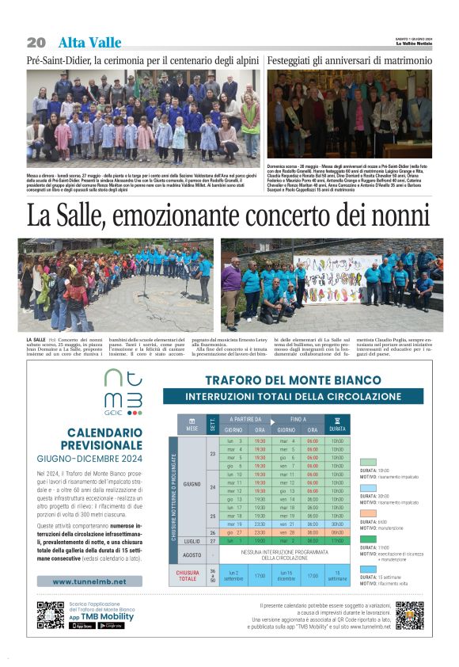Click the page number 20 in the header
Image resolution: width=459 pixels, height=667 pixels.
pos(36,42)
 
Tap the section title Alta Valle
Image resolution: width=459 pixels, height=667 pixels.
pos(89,42)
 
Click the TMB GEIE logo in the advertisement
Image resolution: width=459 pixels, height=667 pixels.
pos(123,392)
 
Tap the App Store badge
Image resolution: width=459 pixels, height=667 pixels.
pos(82,625)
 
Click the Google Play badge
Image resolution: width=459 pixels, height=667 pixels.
pos(111,625)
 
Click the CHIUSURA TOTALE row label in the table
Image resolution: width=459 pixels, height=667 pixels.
pos(187,574)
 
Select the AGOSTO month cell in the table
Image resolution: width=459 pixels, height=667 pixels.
pos(192,555)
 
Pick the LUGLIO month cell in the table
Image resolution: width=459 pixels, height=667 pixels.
pos(192,541)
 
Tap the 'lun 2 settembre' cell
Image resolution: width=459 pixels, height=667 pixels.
pos(233,574)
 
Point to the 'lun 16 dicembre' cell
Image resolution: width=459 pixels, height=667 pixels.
pos(286,574)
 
